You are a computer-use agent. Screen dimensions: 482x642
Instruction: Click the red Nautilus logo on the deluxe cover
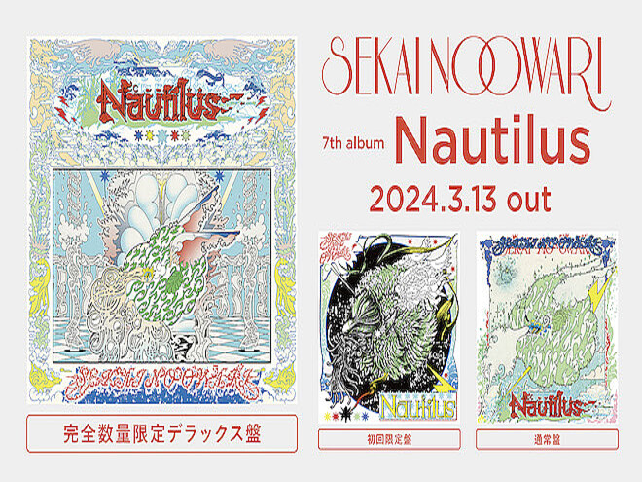[x=156, y=99]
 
